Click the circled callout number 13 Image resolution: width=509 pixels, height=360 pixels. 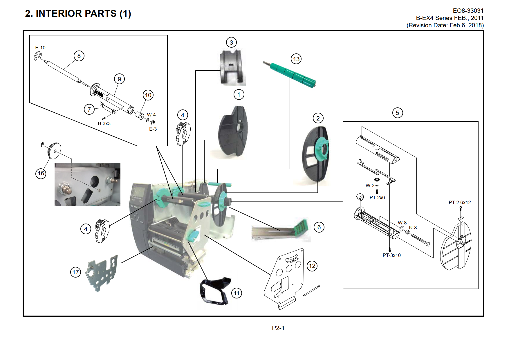[296, 59]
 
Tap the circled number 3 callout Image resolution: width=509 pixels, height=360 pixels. [231, 42]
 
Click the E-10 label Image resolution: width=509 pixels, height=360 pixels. [40, 48]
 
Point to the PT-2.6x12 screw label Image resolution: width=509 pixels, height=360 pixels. [460, 202]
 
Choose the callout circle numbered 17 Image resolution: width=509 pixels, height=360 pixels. [75, 272]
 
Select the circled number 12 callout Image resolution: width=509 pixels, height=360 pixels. [312, 266]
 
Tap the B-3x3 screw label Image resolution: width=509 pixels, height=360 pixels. [104, 123]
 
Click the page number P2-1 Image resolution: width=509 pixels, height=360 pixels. [278, 328]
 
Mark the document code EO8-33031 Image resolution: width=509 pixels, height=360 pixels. [468, 11]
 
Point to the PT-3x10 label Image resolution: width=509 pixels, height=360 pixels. [391, 255]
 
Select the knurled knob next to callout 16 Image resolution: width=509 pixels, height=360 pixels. [54, 151]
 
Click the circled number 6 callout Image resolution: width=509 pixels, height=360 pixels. [319, 227]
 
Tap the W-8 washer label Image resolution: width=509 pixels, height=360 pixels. [402, 223]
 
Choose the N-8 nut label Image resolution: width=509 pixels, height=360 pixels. [413, 228]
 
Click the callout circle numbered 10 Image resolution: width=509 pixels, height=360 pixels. [148, 95]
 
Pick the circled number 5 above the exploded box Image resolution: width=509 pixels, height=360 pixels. [398, 113]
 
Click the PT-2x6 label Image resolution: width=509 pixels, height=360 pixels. [377, 197]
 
